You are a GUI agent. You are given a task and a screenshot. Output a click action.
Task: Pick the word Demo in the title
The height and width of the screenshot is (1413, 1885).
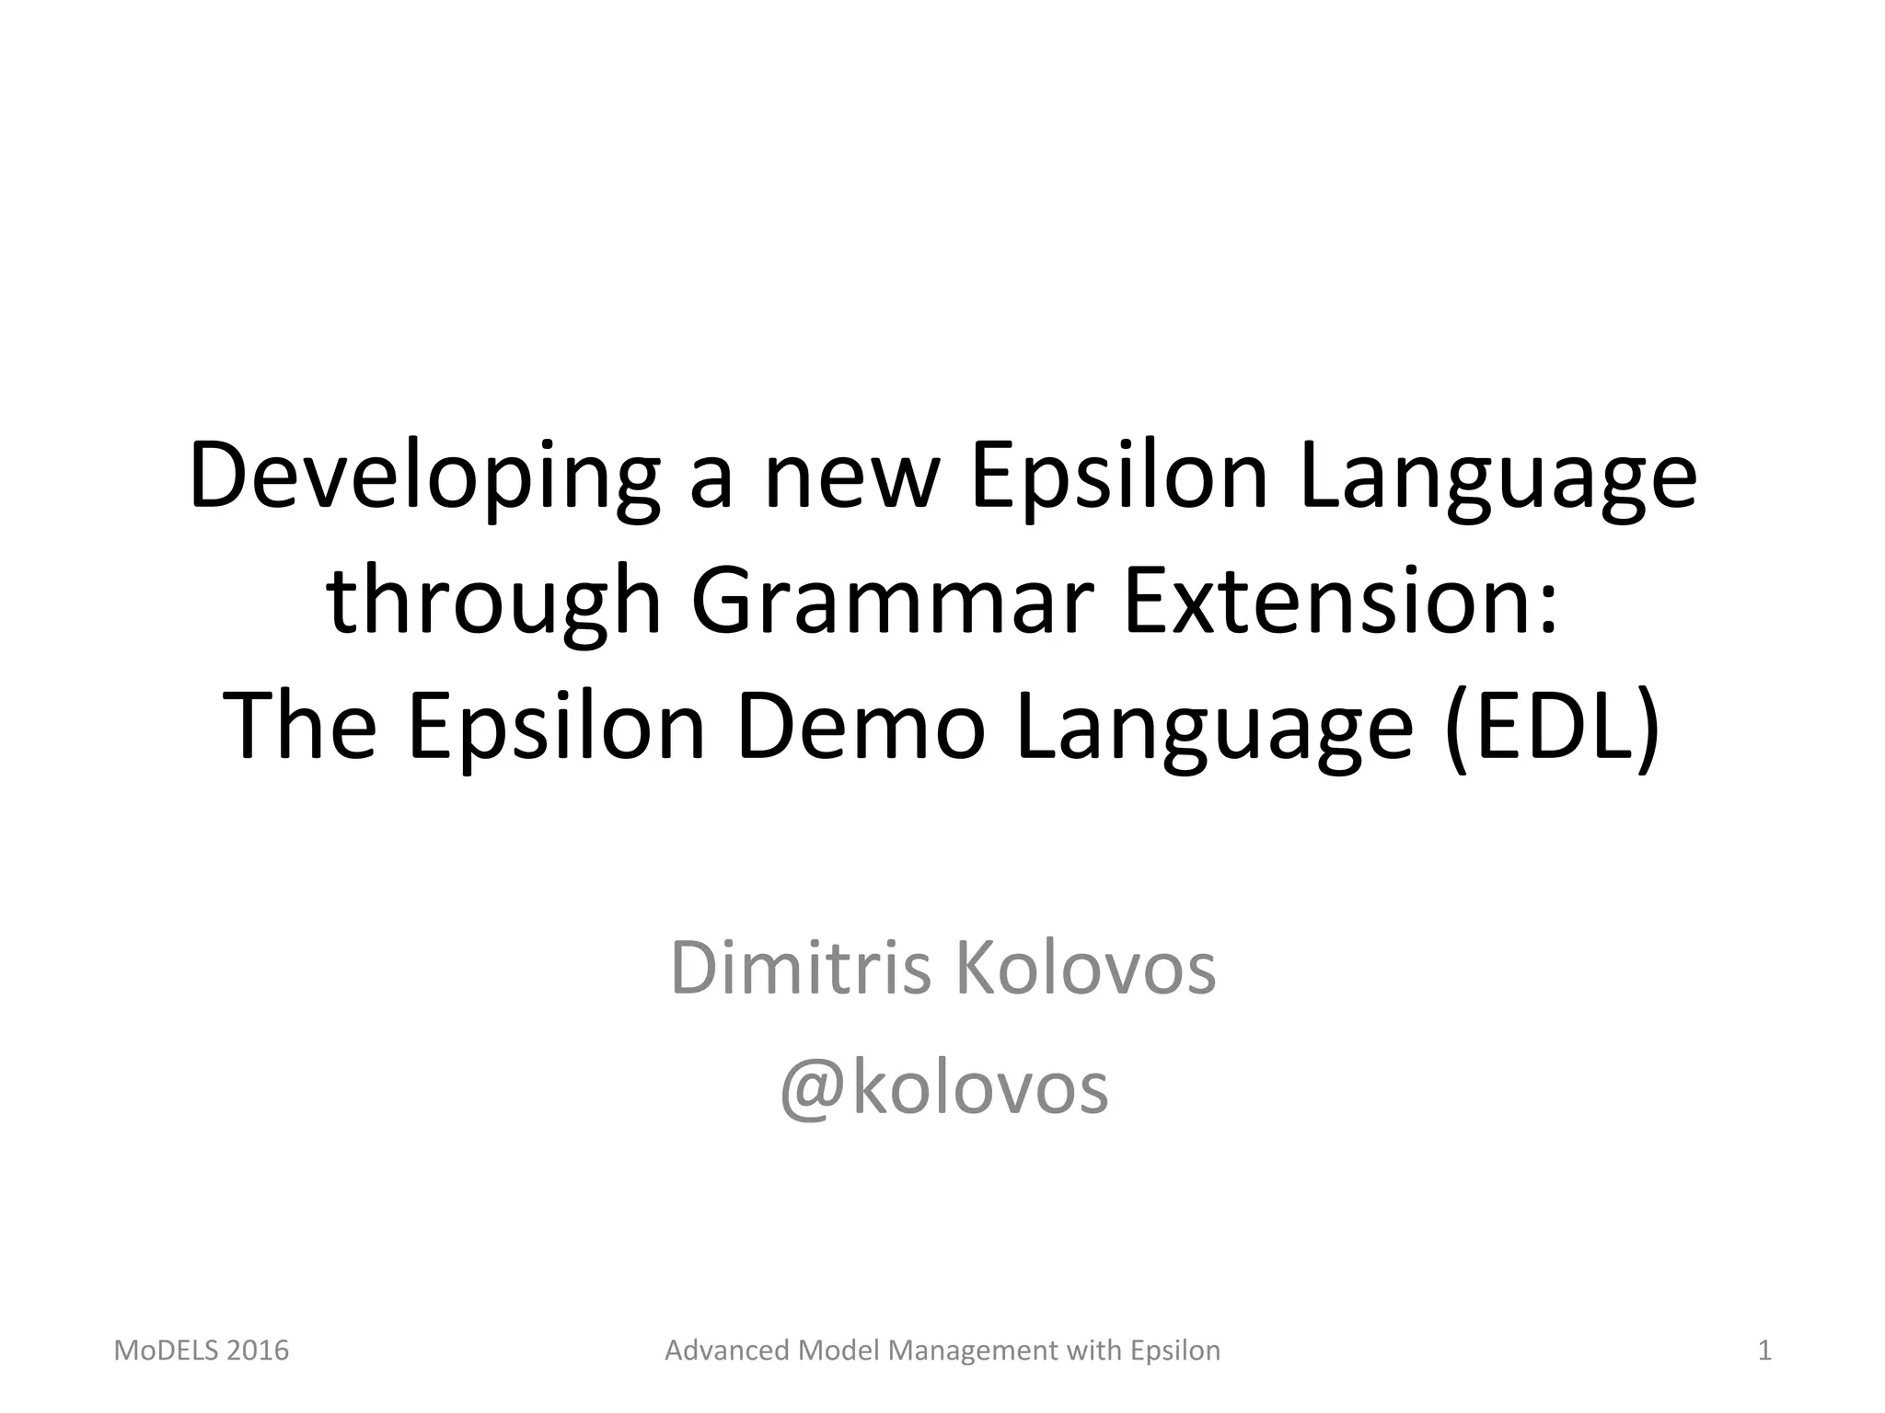pos(861,726)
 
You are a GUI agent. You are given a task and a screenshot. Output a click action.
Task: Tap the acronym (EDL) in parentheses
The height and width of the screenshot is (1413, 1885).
pos(1553,726)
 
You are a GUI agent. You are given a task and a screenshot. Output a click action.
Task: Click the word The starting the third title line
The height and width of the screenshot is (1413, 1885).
pos(299,726)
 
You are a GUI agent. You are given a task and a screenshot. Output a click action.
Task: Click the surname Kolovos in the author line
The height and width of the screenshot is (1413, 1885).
pos(1086,968)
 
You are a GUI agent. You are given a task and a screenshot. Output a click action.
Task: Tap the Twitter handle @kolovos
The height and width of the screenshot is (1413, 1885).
pos(943,1088)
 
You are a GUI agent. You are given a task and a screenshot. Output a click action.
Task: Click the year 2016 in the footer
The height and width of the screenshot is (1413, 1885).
pos(258,1350)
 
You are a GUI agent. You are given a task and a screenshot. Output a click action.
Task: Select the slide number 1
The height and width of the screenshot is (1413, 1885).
pos(1764,1350)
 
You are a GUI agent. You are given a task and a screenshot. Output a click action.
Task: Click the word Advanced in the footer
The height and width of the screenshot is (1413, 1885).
pos(728,1350)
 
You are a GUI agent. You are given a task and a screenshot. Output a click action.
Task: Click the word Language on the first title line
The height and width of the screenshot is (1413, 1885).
pos(1498,477)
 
